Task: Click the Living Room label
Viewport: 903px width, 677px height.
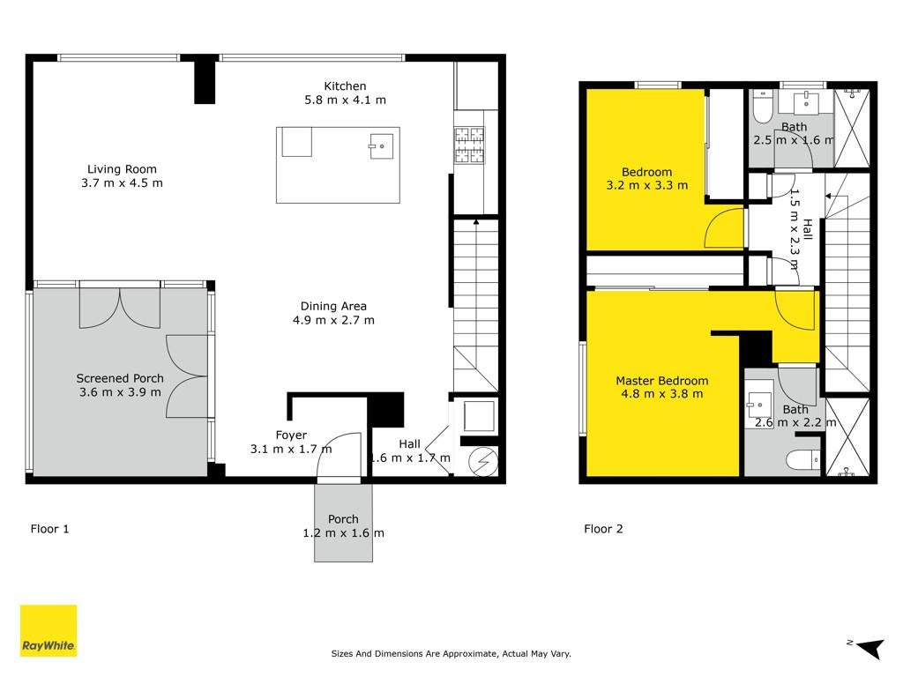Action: pyautogui.click(x=122, y=169)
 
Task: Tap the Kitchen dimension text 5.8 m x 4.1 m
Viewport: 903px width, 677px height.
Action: pyautogui.click(x=345, y=100)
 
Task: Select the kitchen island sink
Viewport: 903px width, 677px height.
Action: pyautogui.click(x=381, y=145)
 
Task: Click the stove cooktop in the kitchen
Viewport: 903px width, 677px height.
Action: pyautogui.click(x=469, y=145)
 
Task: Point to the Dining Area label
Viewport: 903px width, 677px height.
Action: pyautogui.click(x=333, y=306)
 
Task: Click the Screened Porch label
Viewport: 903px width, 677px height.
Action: pyautogui.click(x=120, y=378)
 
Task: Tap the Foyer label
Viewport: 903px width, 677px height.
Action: pyautogui.click(x=291, y=435)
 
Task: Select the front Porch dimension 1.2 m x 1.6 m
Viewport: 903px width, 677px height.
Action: pyautogui.click(x=343, y=533)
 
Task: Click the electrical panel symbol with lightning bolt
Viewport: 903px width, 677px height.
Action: pyautogui.click(x=483, y=461)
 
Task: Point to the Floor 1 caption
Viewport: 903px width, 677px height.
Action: pyautogui.click(x=49, y=529)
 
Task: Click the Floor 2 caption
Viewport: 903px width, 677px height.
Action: pyautogui.click(x=603, y=529)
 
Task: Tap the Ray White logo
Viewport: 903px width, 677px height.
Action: pyautogui.click(x=49, y=630)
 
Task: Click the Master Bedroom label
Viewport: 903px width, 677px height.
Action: pyautogui.click(x=661, y=381)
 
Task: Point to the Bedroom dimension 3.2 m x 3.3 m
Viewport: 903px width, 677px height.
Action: pyautogui.click(x=646, y=185)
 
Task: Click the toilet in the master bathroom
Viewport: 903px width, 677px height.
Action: pyautogui.click(x=802, y=459)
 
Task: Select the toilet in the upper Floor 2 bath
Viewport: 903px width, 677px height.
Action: pyautogui.click(x=763, y=107)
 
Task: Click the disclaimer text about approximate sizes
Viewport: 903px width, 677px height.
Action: pyautogui.click(x=451, y=653)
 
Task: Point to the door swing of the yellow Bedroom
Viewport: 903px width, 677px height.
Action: pyautogui.click(x=724, y=228)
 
